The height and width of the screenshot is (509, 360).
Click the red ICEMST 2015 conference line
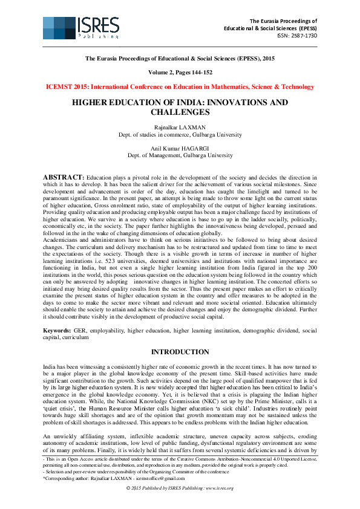pyautogui.click(x=180, y=87)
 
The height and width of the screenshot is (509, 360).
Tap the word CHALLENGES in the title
pyautogui.click(x=180, y=112)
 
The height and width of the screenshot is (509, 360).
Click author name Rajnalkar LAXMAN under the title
pyautogui.click(x=180, y=127)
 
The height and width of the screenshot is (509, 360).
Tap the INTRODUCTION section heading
pyautogui.click(x=180, y=352)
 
